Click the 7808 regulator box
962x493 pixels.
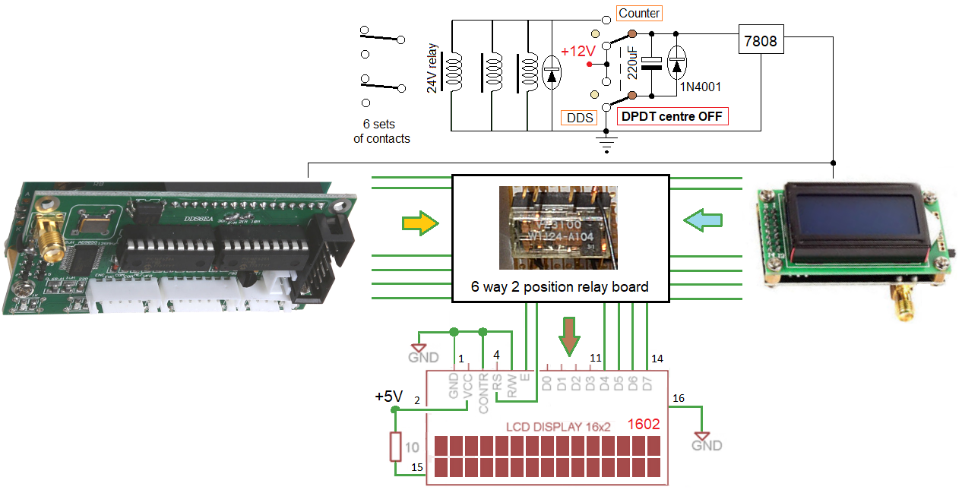[x=761, y=41]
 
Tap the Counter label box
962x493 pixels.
[x=639, y=13]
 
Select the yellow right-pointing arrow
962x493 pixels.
[x=420, y=223]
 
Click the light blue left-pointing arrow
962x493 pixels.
[x=702, y=220]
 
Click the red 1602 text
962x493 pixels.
[x=644, y=425]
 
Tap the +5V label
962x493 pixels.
[x=390, y=397]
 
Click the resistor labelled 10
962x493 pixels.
[x=395, y=447]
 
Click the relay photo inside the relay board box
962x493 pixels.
[x=558, y=228]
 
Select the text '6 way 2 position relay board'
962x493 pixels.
[x=559, y=286]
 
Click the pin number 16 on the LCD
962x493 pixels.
[x=679, y=398]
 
